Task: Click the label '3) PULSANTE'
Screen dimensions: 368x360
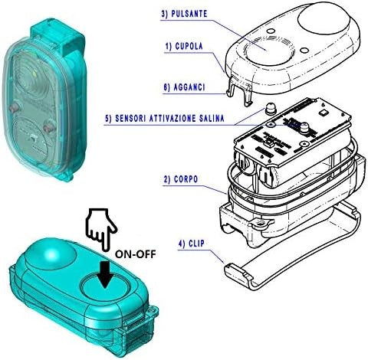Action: [184, 14]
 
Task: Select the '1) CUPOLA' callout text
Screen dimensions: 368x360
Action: [184, 46]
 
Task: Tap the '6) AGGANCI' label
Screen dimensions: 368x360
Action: [184, 87]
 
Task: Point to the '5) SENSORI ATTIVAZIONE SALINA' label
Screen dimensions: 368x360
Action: [165, 119]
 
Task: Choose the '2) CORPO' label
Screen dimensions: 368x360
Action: [181, 179]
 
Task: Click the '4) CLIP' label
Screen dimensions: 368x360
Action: [192, 244]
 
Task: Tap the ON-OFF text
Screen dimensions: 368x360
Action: [135, 254]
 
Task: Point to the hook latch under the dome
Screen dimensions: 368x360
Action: [238, 91]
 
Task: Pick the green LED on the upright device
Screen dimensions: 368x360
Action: [35, 74]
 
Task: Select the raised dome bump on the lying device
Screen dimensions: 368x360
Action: [51, 254]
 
